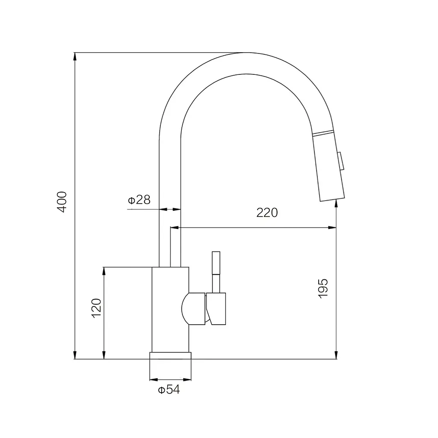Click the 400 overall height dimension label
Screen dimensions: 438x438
click(x=62, y=202)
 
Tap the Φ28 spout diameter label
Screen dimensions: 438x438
click(x=139, y=200)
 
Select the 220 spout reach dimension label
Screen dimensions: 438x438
click(x=267, y=213)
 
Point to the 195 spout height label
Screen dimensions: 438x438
click(x=323, y=288)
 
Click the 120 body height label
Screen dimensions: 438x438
click(x=96, y=308)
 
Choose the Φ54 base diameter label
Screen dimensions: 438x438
click(x=169, y=389)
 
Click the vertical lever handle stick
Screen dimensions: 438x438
click(x=216, y=272)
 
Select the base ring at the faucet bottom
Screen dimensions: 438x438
click(x=170, y=355)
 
